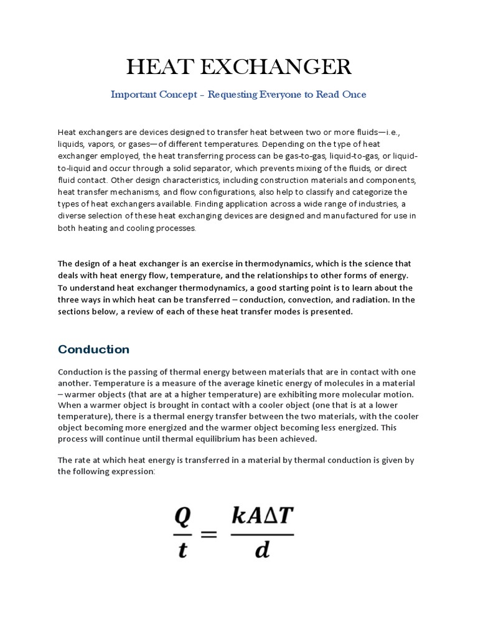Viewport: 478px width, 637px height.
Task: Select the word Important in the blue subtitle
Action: point(132,95)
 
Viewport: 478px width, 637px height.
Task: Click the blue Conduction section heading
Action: point(93,349)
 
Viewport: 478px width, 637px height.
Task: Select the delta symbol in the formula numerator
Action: point(268,516)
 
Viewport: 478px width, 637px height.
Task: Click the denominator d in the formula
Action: point(262,550)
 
